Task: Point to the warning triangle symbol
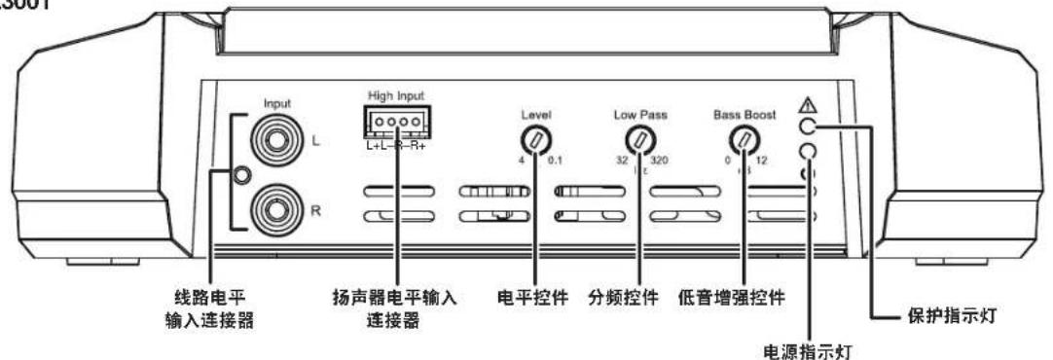807,104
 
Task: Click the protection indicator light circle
807,126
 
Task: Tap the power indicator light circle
807,151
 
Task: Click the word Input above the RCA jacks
277,101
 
